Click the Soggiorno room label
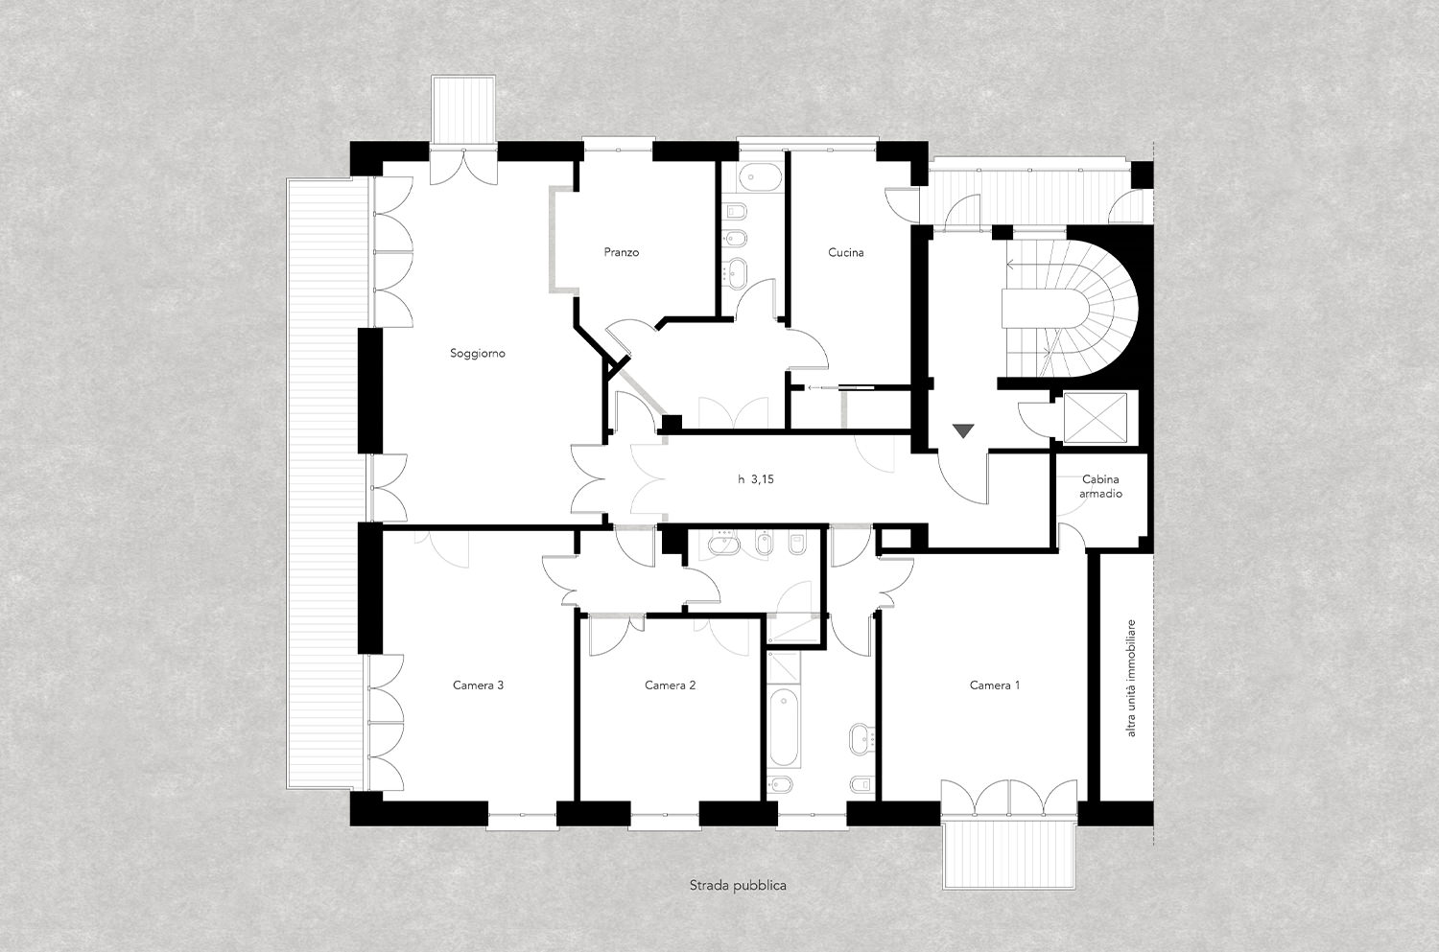coord(478,353)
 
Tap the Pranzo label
coord(622,252)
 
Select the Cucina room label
coord(845,252)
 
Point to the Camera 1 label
coord(995,685)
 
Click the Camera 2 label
coord(670,685)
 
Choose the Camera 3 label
coord(478,685)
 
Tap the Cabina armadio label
coord(1100,486)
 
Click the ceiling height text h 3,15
coord(756,479)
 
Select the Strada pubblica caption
coord(738,886)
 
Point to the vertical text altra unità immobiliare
coord(1131,677)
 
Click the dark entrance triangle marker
coord(963,430)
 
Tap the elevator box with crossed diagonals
coord(1096,417)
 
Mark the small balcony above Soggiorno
coord(463,109)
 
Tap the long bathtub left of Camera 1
coord(783,729)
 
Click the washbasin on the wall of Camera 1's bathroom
coord(861,739)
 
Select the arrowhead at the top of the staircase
coord(1010,264)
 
